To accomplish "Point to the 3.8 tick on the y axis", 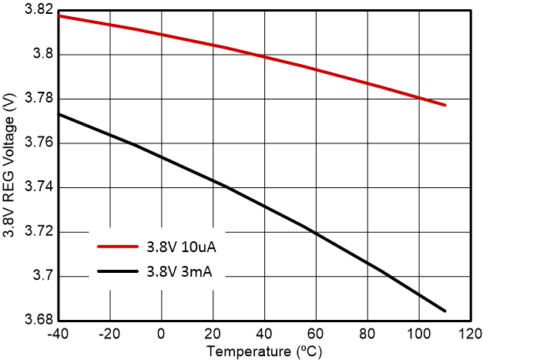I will click(43, 55).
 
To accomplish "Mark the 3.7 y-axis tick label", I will click(43, 276).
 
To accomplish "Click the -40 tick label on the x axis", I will click(58, 335).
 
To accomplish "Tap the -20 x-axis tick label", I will click(109, 335).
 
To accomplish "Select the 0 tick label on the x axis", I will click(161, 335).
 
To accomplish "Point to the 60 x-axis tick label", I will click(316, 335).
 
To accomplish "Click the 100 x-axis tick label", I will click(419, 335).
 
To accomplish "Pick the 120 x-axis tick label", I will click(471, 335).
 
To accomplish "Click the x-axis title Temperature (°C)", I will click(264, 352).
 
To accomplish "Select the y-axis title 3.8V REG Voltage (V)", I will click(11, 165).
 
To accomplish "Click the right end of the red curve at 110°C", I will click(444, 105).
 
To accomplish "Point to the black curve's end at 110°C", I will click(444, 311).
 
